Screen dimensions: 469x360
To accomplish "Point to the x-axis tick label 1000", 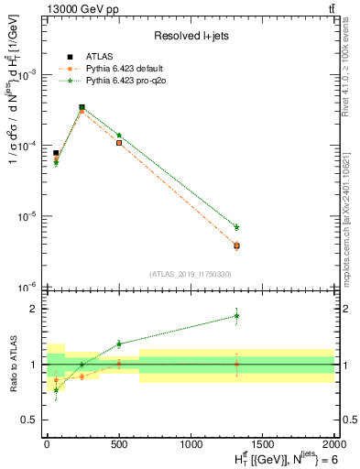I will (x=191, y=442).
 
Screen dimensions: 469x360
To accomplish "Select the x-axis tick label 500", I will (x=119, y=442).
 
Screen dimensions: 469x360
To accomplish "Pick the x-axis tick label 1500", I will (x=263, y=442).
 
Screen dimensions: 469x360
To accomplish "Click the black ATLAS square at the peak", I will (x=82, y=107).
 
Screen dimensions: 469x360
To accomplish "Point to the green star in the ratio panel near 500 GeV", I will (x=119, y=344).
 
